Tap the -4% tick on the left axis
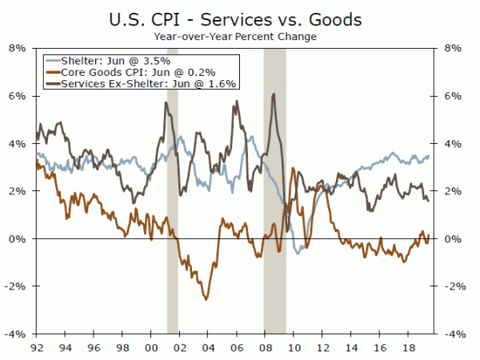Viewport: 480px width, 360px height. [x=17, y=334]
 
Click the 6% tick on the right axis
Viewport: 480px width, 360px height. [x=451, y=95]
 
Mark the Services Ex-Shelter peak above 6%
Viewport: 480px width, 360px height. [x=274, y=94]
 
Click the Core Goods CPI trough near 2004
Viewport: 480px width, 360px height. [x=206, y=299]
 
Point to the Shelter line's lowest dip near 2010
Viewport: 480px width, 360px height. [x=299, y=253]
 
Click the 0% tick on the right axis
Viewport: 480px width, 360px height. [x=451, y=238]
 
